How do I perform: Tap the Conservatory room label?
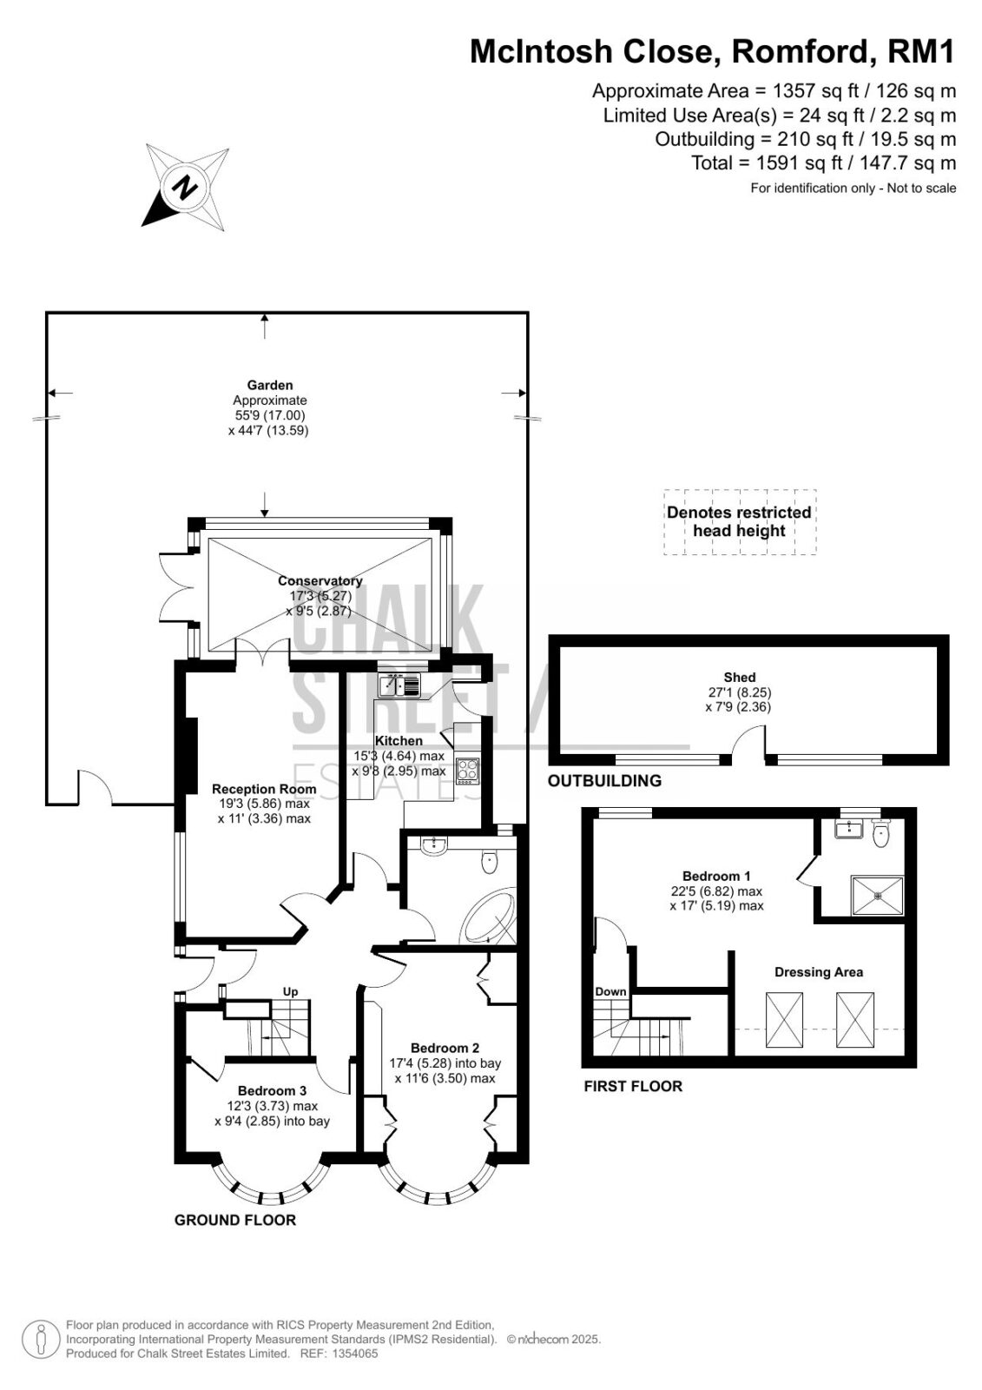click(x=320, y=581)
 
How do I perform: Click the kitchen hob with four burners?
click(x=468, y=771)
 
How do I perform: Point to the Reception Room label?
click(x=264, y=789)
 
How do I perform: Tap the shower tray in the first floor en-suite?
click(x=877, y=895)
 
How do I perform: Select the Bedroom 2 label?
click(x=445, y=1048)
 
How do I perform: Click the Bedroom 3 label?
click(x=272, y=1090)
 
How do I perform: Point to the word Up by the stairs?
click(x=290, y=991)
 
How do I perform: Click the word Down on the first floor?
click(x=610, y=991)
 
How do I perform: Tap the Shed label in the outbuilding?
click(x=740, y=677)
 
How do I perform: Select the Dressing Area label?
click(x=818, y=972)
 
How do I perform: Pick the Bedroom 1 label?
click(x=715, y=877)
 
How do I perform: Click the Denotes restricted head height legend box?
click(x=740, y=521)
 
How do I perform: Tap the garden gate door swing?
click(x=95, y=786)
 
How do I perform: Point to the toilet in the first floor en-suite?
click(x=880, y=833)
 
